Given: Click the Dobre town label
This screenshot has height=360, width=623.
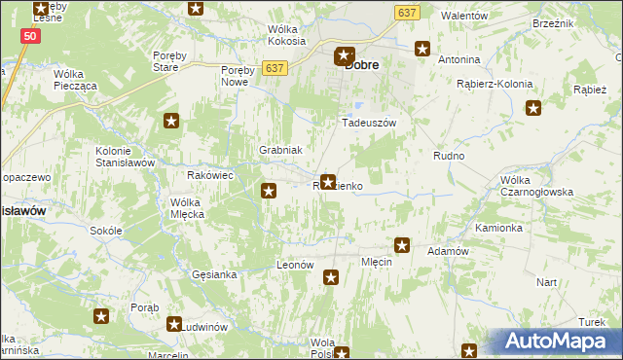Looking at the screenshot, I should coord(362,65).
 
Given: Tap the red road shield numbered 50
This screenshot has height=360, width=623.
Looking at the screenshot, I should coord(30,35).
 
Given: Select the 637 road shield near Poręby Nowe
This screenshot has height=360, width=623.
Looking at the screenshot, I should coord(275,67).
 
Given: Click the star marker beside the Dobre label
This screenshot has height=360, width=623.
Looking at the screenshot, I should coord(343,57).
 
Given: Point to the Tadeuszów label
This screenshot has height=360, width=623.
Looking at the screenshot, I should coord(368,124).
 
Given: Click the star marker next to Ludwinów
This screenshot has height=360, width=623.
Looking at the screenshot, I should coord(174,324).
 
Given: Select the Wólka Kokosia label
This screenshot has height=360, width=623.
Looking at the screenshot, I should coord(287,36).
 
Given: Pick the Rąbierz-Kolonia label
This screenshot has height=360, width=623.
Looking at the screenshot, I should coord(495,84).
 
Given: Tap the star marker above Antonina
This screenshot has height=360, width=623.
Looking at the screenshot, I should coord(422,48).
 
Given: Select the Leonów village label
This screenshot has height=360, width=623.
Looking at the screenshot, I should coord(295,265).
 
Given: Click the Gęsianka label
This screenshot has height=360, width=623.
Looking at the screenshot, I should coord(214,274).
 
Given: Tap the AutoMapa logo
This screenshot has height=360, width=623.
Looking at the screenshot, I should coord(558,342).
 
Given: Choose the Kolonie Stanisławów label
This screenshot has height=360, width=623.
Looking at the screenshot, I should coord(126,157).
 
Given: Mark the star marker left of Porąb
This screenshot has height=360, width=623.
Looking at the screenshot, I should coord(101,315).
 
